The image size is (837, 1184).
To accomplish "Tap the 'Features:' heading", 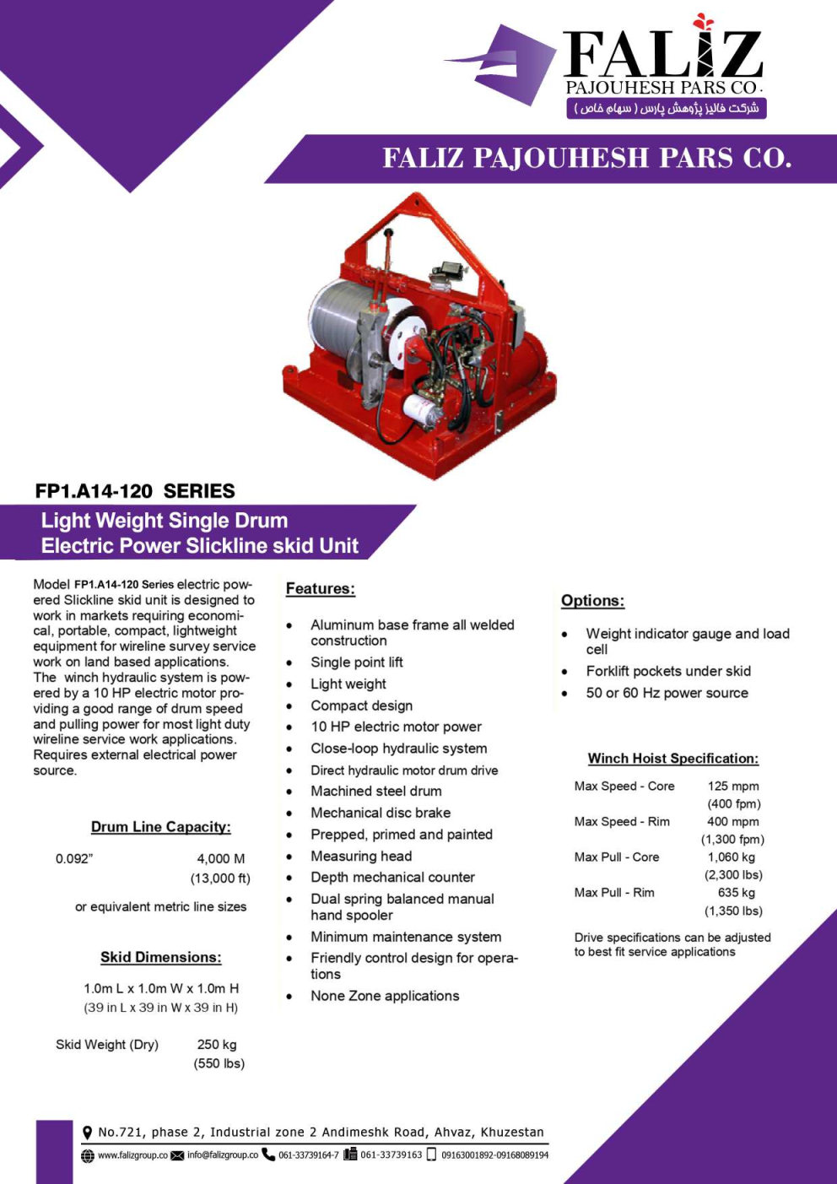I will (x=320, y=589).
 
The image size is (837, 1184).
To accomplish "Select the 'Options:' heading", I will (x=592, y=601).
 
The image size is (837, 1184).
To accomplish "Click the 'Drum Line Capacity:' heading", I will (x=160, y=827).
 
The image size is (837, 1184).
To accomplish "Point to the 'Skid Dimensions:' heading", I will (x=160, y=957).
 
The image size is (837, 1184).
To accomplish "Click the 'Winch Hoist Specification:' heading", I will (x=672, y=759).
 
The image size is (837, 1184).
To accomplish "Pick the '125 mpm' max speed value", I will (x=732, y=787).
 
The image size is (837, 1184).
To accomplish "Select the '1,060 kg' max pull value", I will (x=731, y=857).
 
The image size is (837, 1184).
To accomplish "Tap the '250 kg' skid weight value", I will (x=217, y=1045).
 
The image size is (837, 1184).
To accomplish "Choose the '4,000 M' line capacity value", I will (x=220, y=859).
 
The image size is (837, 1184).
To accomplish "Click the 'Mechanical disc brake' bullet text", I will (x=380, y=813).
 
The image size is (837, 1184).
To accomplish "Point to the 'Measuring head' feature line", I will (x=360, y=856).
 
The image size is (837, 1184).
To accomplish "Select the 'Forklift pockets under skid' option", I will (x=667, y=671).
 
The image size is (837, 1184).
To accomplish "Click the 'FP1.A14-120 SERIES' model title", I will (x=135, y=491).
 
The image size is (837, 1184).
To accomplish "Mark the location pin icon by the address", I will (x=87, y=1133).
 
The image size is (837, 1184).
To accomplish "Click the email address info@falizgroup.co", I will (x=222, y=1155).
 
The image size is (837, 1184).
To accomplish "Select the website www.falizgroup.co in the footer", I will (x=132, y=1155).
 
